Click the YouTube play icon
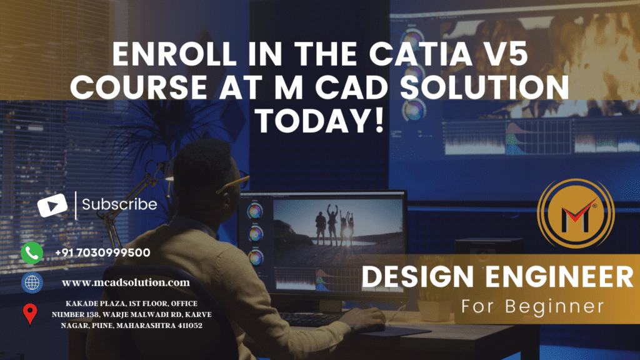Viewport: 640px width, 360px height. [x=52, y=206]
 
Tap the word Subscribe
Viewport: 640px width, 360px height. [x=119, y=204]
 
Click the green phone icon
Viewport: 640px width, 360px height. [x=32, y=252]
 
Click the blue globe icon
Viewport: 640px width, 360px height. [x=32, y=282]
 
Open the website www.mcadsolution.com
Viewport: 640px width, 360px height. [x=126, y=282]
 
